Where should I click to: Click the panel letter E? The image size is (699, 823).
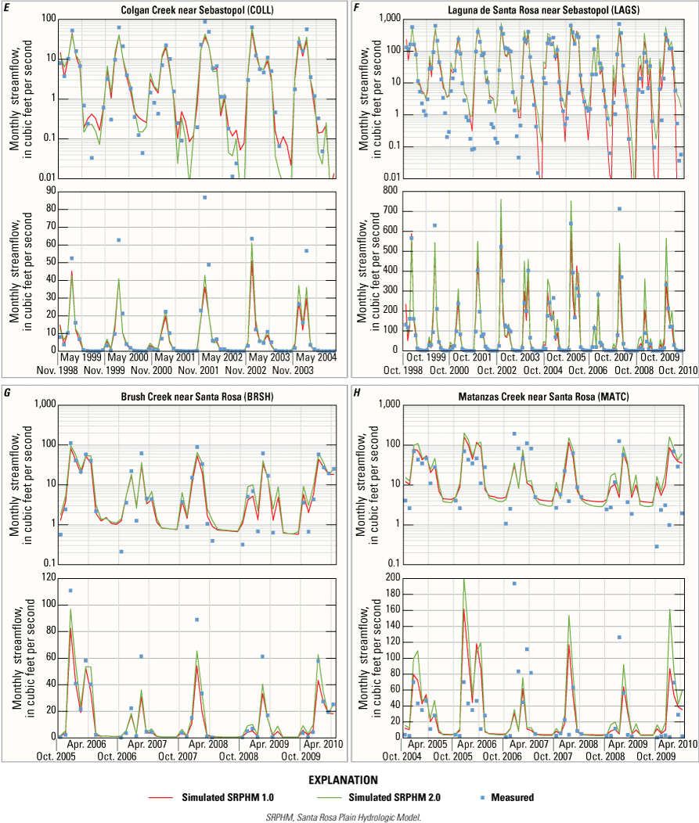click(x=6, y=7)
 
